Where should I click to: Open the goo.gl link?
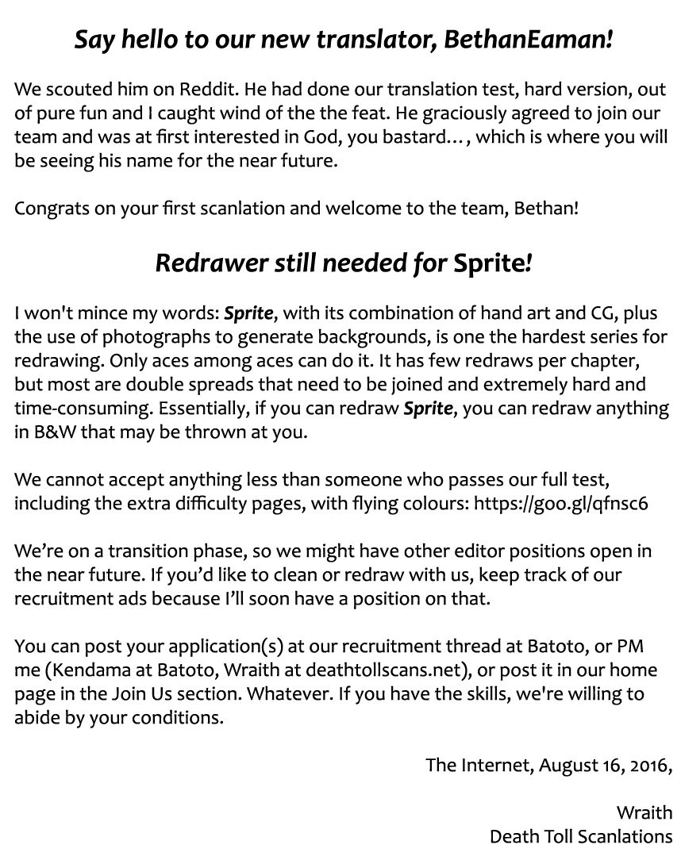pyautogui.click(x=561, y=505)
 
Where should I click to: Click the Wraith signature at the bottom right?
pyautogui.click(x=644, y=812)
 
